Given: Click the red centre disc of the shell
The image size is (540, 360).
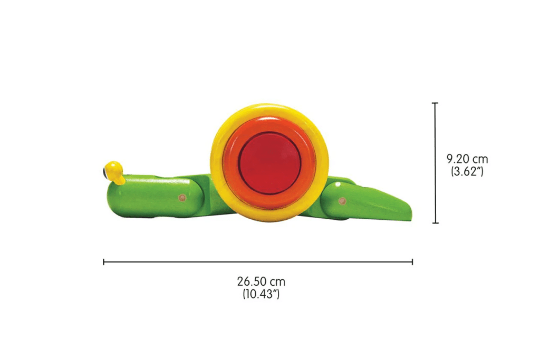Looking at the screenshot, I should click(269, 160).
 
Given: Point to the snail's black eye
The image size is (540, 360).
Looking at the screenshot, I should click(105, 171).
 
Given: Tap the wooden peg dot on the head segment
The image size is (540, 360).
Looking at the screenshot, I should click(182, 198).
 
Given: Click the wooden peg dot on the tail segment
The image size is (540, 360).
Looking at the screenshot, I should click(340, 201).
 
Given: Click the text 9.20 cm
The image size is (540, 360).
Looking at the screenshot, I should click(467, 159).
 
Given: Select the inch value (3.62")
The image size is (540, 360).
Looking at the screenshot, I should click(467, 171).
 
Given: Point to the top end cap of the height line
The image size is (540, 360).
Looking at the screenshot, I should click(435, 103).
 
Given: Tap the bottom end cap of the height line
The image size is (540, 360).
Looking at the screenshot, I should click(435, 223).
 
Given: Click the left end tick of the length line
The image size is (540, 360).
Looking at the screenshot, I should click(104, 261).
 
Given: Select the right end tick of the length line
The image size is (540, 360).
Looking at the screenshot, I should click(412, 261).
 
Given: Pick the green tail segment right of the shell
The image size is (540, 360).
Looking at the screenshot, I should click(369, 203).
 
